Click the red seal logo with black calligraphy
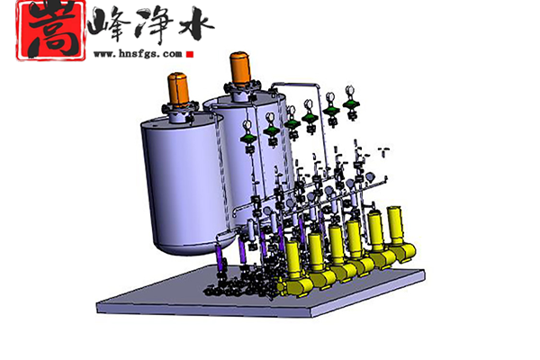[51, 31]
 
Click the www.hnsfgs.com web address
[138, 54]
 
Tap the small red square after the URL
[190, 54]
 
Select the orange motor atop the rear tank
[240, 69]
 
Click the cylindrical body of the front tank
[183, 179]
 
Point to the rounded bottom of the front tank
[193, 247]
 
